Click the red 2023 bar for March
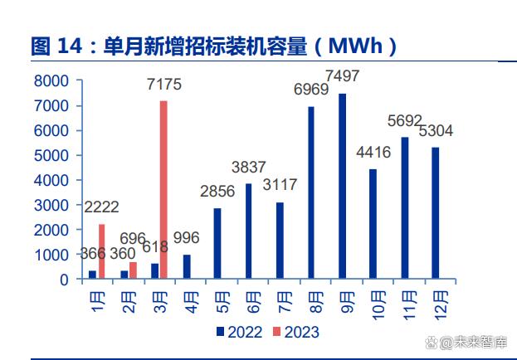click(163, 190)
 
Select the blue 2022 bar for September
click(342, 187)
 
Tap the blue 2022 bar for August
click(310, 192)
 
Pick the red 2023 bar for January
click(101, 251)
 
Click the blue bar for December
click(435, 213)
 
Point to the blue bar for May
click(217, 243)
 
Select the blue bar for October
click(373, 224)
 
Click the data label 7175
click(163, 85)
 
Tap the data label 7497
click(344, 76)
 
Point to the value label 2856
click(218, 192)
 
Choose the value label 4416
click(373, 153)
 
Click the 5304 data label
click(436, 130)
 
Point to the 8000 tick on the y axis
click(51, 81)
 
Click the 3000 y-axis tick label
click(51, 205)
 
